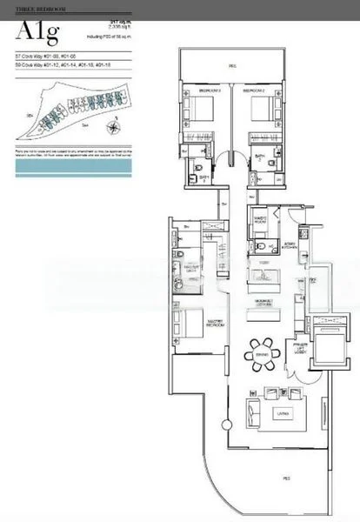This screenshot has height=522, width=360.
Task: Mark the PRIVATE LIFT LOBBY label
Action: point(300,351)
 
